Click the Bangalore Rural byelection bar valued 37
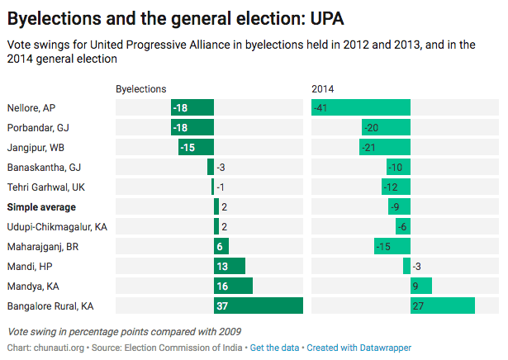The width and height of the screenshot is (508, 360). click(259, 306)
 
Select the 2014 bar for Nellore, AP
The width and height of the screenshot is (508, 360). click(361, 107)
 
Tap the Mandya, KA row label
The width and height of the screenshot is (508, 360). click(32, 286)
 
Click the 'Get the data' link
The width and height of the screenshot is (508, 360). click(275, 348)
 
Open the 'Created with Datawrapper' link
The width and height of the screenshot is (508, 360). click(358, 348)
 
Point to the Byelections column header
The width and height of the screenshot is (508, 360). click(140, 88)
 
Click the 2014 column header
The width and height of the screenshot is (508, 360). click(323, 88)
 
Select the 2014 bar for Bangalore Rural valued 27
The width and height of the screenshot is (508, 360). click(443, 306)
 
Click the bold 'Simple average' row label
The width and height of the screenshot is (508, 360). click(41, 206)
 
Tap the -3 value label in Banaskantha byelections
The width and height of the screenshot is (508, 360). click(221, 167)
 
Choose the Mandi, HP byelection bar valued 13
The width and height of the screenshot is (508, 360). click(230, 266)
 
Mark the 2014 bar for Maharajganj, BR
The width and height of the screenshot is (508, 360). click(392, 246)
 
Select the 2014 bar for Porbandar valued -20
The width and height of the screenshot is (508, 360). click(386, 127)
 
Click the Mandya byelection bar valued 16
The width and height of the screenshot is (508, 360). click(233, 286)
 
